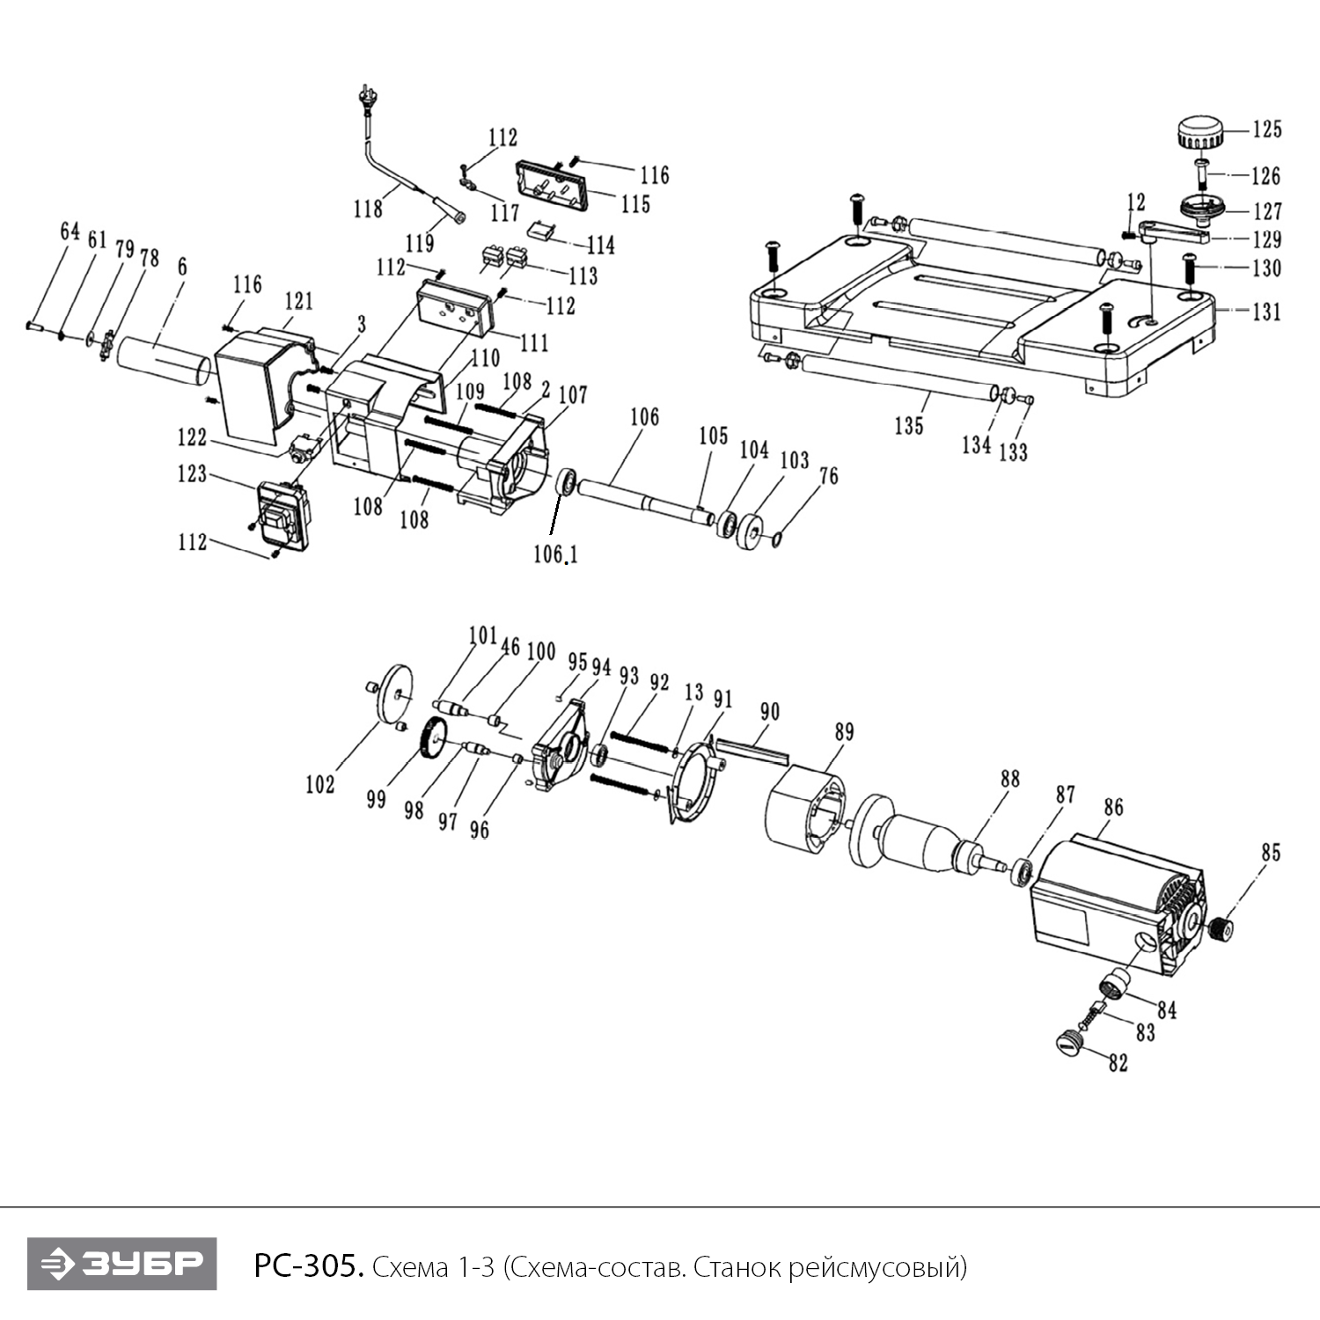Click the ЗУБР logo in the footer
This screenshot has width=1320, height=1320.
coord(121,1265)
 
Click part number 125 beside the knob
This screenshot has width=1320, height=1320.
coord(1267,129)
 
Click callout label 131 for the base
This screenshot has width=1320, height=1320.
coord(1267,312)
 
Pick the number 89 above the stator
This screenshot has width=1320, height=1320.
coord(844,732)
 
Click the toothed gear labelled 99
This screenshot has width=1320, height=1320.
coord(432,739)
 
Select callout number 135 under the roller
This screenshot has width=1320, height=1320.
coord(909,426)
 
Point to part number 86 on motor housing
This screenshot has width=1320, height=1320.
coord(1113,807)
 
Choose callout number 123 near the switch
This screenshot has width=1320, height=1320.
coord(192,474)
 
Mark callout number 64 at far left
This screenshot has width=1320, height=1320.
coord(70,231)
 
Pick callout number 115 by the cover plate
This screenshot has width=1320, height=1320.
coord(635,204)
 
